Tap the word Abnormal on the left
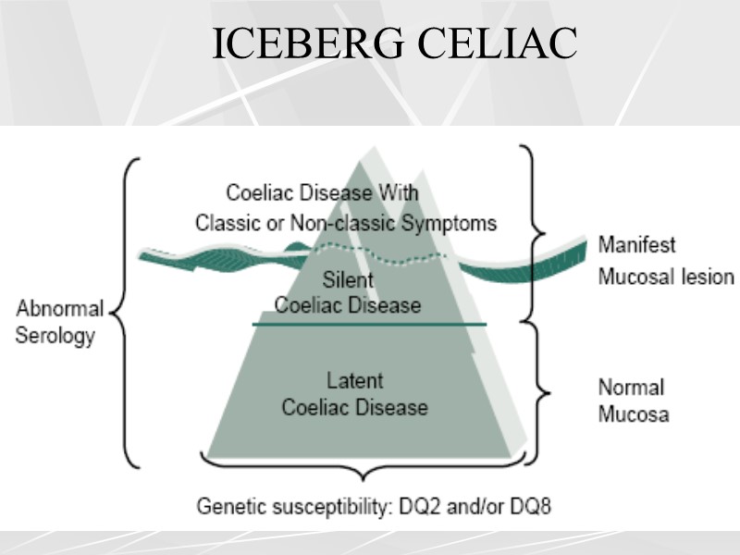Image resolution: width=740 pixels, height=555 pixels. [59, 310]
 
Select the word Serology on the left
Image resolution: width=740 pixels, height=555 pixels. [55, 335]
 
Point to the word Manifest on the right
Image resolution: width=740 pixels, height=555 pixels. [636, 246]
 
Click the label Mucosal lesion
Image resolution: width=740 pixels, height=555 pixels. [665, 277]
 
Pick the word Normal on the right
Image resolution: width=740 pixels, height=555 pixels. [631, 387]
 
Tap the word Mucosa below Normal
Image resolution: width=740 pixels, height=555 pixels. [633, 413]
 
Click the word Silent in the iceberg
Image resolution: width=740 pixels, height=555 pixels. [348, 279]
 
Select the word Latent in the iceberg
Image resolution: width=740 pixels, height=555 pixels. [354, 380]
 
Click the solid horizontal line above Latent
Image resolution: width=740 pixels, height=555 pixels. [370, 325]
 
